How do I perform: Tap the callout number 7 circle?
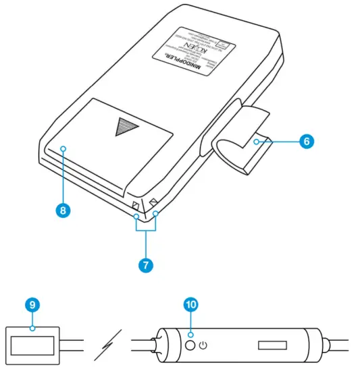click(146, 265)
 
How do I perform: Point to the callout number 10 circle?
click(191, 304)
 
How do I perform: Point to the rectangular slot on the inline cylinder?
click(272, 345)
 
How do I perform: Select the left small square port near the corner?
click(136, 205)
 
